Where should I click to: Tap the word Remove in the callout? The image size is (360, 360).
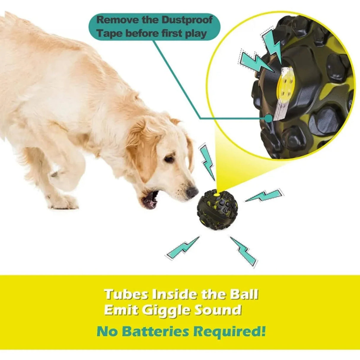point(114,20)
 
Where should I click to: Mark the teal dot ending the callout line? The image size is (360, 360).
point(269,119)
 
